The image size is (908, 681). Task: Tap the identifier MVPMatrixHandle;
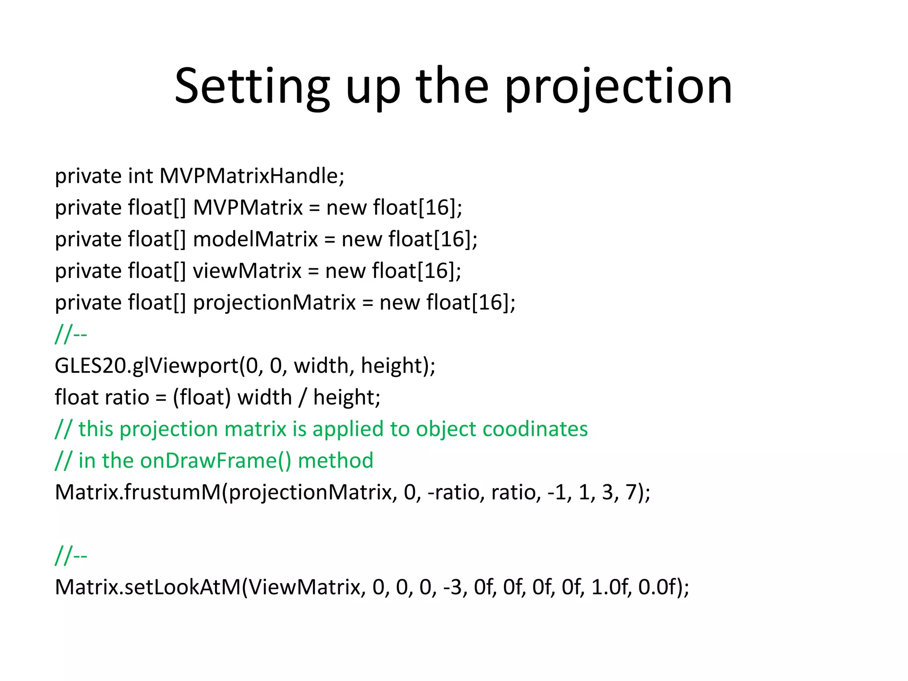tap(252, 176)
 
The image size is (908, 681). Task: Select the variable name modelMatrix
tap(255, 239)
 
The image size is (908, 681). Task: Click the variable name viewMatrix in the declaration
tap(247, 271)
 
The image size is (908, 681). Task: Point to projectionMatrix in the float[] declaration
tap(274, 303)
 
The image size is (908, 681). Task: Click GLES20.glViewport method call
tap(146, 366)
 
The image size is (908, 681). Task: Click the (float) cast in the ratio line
tap(202, 398)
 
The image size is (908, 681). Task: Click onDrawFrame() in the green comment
tap(215, 461)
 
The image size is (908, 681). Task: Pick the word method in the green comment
tap(336, 461)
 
